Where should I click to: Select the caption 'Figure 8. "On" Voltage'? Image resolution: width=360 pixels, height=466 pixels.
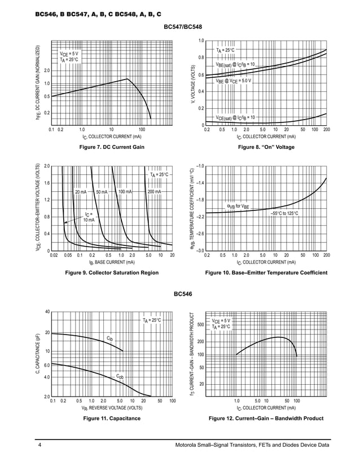(x=266, y=147)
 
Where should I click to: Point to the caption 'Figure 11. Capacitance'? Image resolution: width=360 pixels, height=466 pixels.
(x=112, y=419)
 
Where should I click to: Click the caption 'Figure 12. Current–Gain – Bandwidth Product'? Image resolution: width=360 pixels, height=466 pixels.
(x=266, y=419)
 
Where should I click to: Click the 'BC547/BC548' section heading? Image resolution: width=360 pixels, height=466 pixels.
(x=183, y=27)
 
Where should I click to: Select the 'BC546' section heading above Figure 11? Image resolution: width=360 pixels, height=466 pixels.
(x=183, y=294)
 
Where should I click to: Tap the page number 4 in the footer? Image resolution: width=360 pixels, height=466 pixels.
(x=40, y=447)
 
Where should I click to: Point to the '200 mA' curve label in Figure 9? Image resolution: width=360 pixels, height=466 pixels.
(x=154, y=192)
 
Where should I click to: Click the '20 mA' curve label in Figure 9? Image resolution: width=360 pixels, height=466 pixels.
(x=81, y=192)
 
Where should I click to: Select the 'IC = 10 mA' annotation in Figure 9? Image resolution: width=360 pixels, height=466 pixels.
(x=89, y=217)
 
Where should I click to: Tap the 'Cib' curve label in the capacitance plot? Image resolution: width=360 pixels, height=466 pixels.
(x=110, y=338)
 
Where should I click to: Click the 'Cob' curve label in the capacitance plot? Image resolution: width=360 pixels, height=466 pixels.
(x=120, y=376)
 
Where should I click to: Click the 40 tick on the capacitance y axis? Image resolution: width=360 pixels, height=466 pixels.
(x=47, y=311)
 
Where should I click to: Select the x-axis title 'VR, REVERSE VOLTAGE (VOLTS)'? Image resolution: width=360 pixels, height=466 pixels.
(x=111, y=407)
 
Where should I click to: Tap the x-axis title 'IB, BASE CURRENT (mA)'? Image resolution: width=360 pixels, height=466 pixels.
(x=111, y=262)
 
